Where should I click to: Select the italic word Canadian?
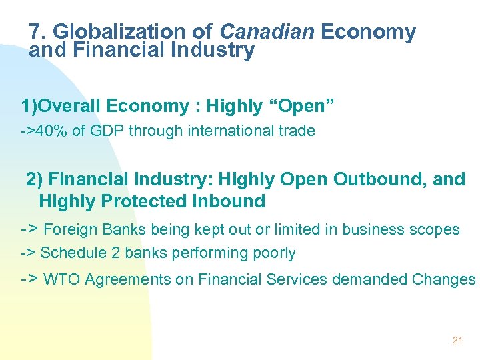(x=268, y=31)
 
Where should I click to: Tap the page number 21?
(x=457, y=340)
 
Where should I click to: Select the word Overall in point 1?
(x=71, y=106)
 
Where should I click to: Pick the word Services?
(x=296, y=280)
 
